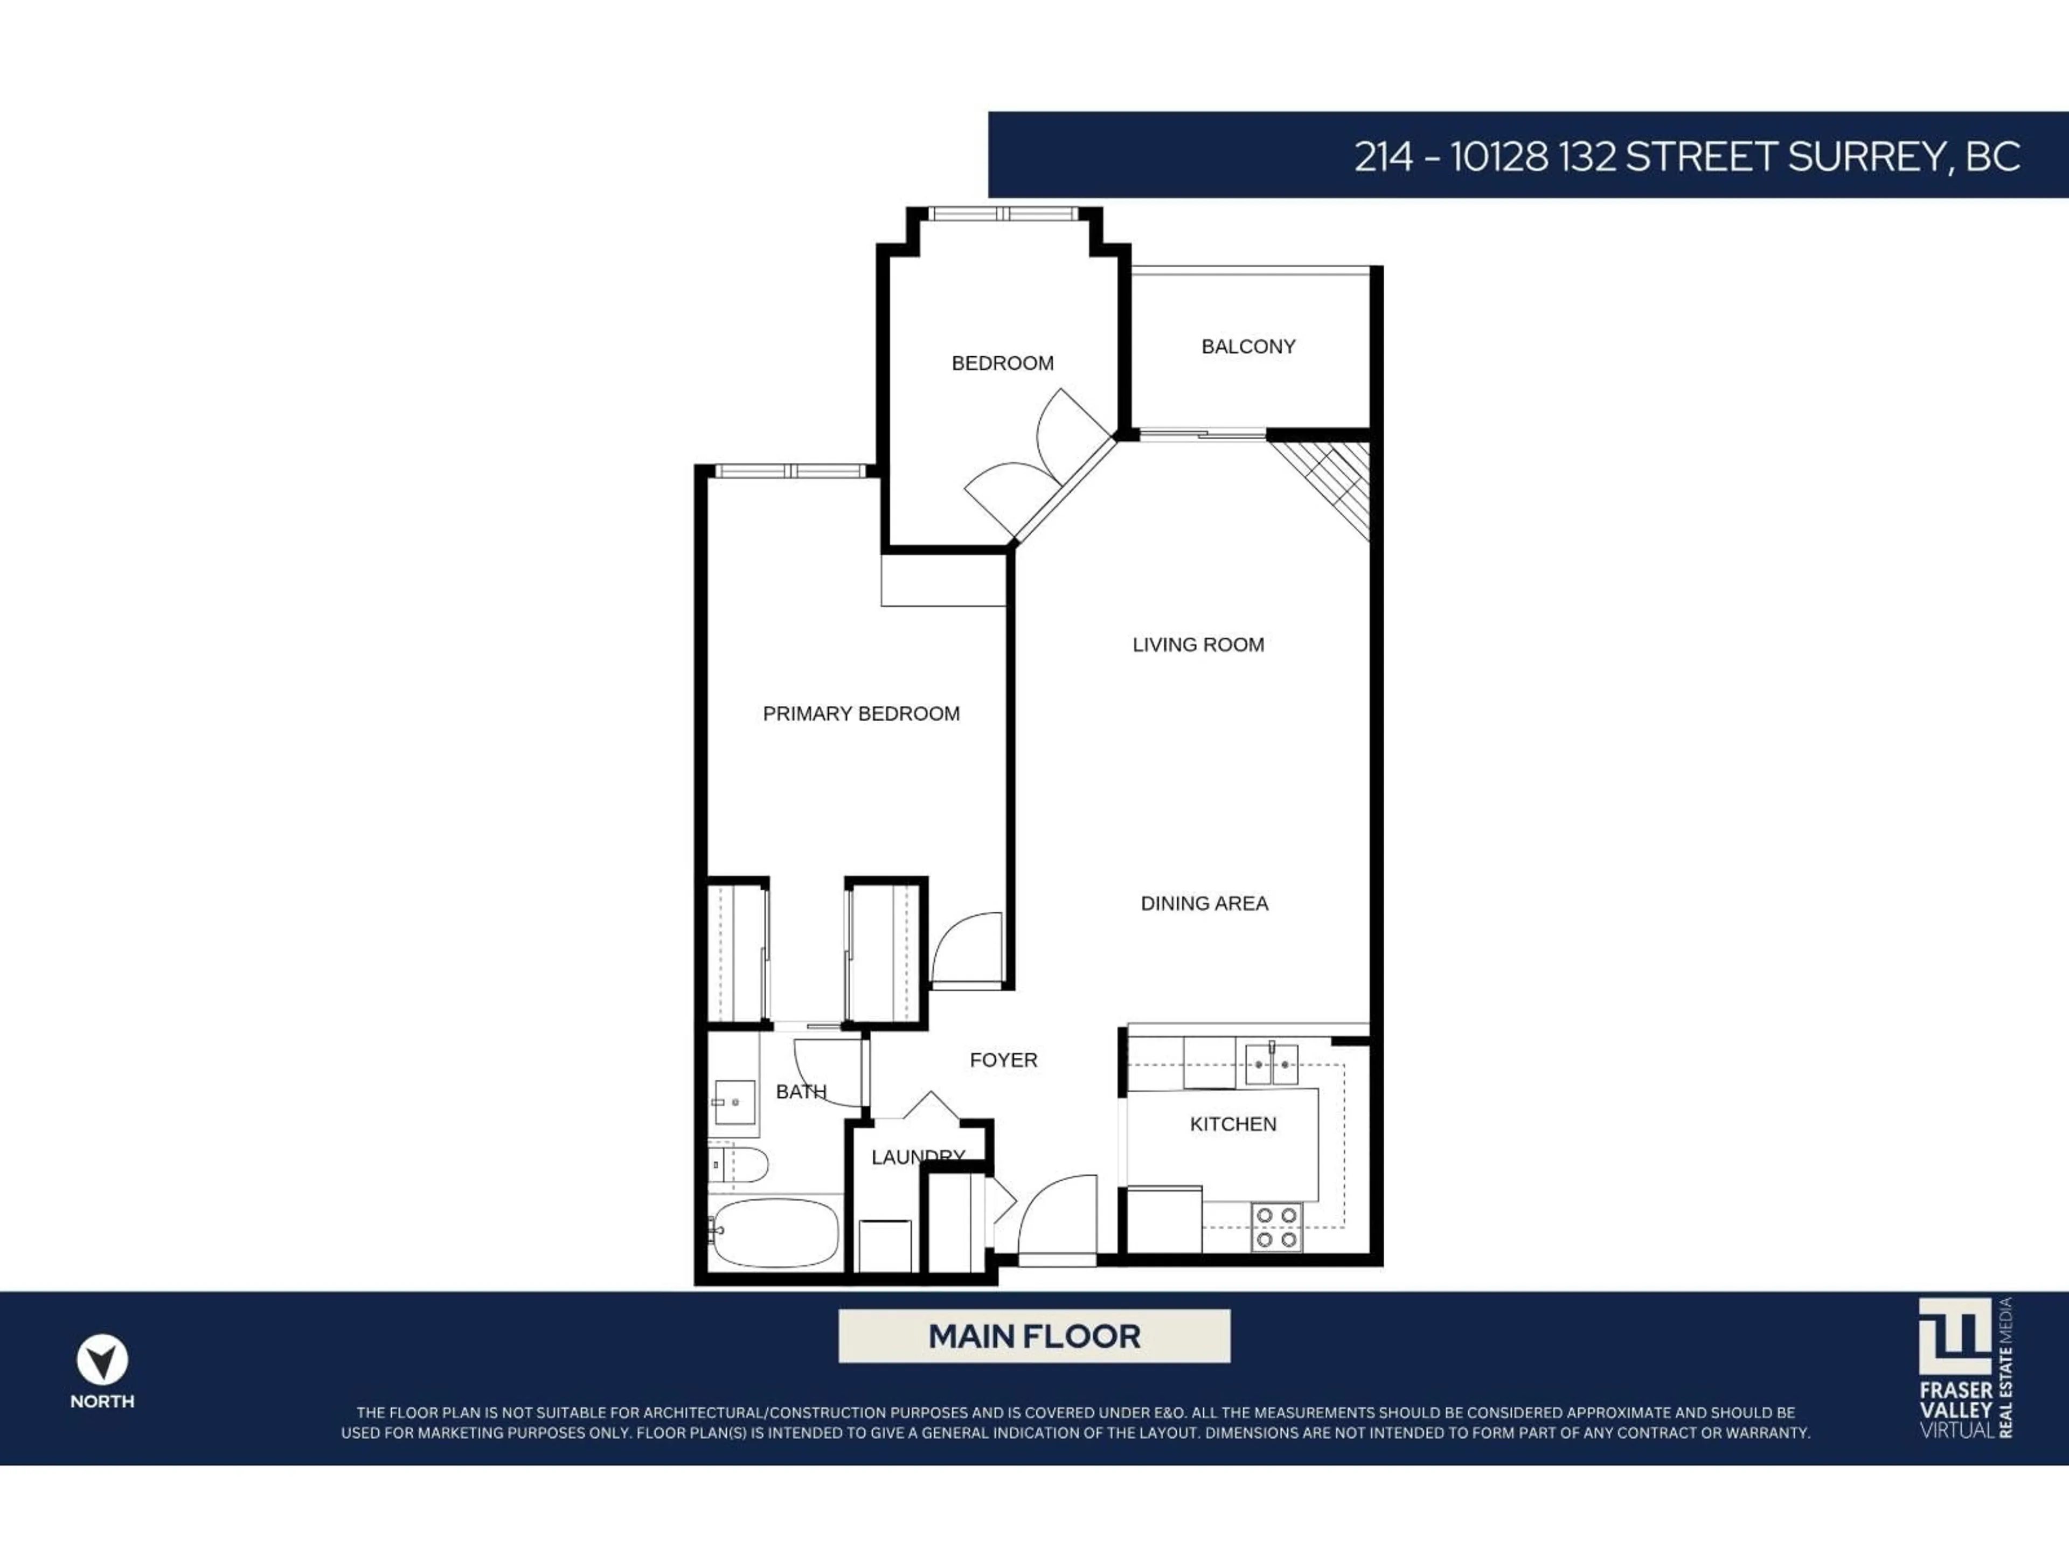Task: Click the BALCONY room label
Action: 1248,347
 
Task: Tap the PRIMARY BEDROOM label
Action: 860,714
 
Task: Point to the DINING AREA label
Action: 1204,904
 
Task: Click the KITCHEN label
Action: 1232,1125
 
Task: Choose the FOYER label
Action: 1003,1060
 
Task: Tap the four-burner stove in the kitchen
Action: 1276,1228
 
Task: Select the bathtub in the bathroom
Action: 774,1232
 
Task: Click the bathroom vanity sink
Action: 734,1102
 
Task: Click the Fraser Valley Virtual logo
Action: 1964,1367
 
